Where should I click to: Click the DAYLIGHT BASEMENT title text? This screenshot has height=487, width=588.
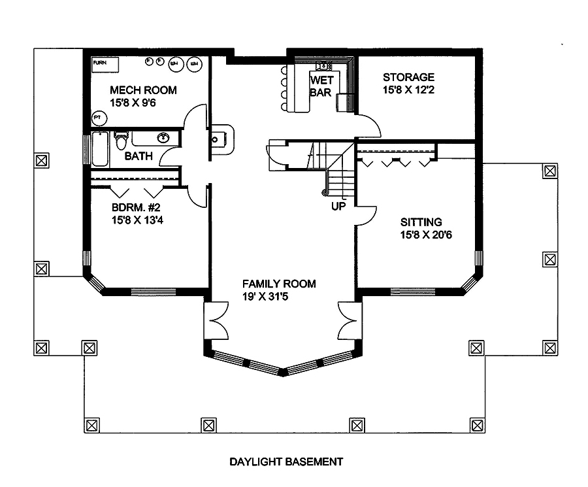pos(286,462)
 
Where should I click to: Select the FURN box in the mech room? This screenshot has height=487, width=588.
pos(105,64)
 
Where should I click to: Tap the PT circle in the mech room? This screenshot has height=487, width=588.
pos(98,118)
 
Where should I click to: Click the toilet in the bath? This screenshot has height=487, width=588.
pos(122,141)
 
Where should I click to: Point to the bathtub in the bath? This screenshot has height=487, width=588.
pos(100,148)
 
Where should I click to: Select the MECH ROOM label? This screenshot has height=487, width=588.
pos(143,90)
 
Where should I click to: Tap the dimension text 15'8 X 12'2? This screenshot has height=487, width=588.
pos(409,90)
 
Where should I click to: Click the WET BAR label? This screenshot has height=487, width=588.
pos(321,86)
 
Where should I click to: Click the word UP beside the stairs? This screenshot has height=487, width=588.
pos(338,206)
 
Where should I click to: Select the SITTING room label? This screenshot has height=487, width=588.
pos(421,222)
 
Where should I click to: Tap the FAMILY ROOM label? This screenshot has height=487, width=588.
pos(279,284)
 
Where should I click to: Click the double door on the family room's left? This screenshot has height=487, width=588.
pos(217,322)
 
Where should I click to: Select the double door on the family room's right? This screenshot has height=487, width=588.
pos(349,322)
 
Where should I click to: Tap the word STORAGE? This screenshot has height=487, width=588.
pos(408,77)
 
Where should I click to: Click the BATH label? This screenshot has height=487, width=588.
pos(139,156)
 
